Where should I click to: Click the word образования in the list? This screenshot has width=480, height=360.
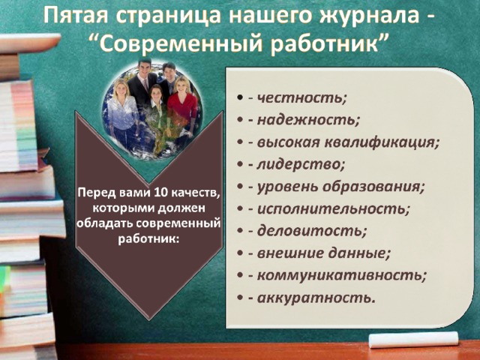371,187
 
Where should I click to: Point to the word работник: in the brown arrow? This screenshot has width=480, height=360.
148,238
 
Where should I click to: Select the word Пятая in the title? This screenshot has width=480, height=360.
76,16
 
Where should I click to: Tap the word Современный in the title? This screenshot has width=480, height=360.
181,43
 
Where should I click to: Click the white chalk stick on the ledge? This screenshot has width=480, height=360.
413,340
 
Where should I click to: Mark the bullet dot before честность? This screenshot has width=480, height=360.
240,98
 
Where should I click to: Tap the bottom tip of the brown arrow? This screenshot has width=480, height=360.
149,319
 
